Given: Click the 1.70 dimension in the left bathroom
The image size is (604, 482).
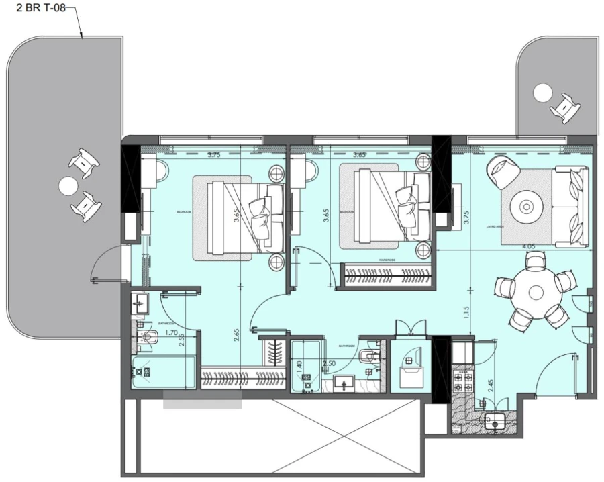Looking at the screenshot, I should tap(152, 332).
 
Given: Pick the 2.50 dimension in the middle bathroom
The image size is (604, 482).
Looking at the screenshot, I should tap(330, 363).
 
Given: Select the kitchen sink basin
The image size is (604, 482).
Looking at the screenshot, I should tap(496, 422).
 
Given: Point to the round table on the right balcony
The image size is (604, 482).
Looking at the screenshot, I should tap(542, 92).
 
